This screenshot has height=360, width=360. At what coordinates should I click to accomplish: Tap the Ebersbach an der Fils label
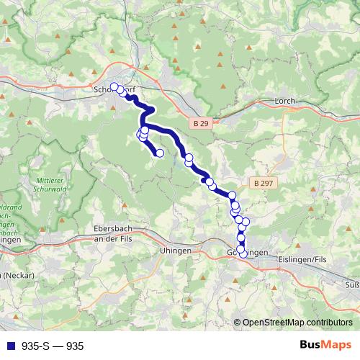[116, 233]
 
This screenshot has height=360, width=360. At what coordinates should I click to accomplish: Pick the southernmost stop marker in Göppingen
[243, 253]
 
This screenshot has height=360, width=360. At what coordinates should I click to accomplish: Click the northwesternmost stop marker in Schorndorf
[114, 87]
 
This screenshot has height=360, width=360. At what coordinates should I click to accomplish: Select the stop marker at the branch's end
[160, 153]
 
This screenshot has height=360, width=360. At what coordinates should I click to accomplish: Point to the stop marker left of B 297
[233, 195]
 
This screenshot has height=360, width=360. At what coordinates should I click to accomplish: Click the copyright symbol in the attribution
[238, 323]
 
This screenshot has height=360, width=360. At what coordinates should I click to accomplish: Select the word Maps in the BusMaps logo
[337, 346]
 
